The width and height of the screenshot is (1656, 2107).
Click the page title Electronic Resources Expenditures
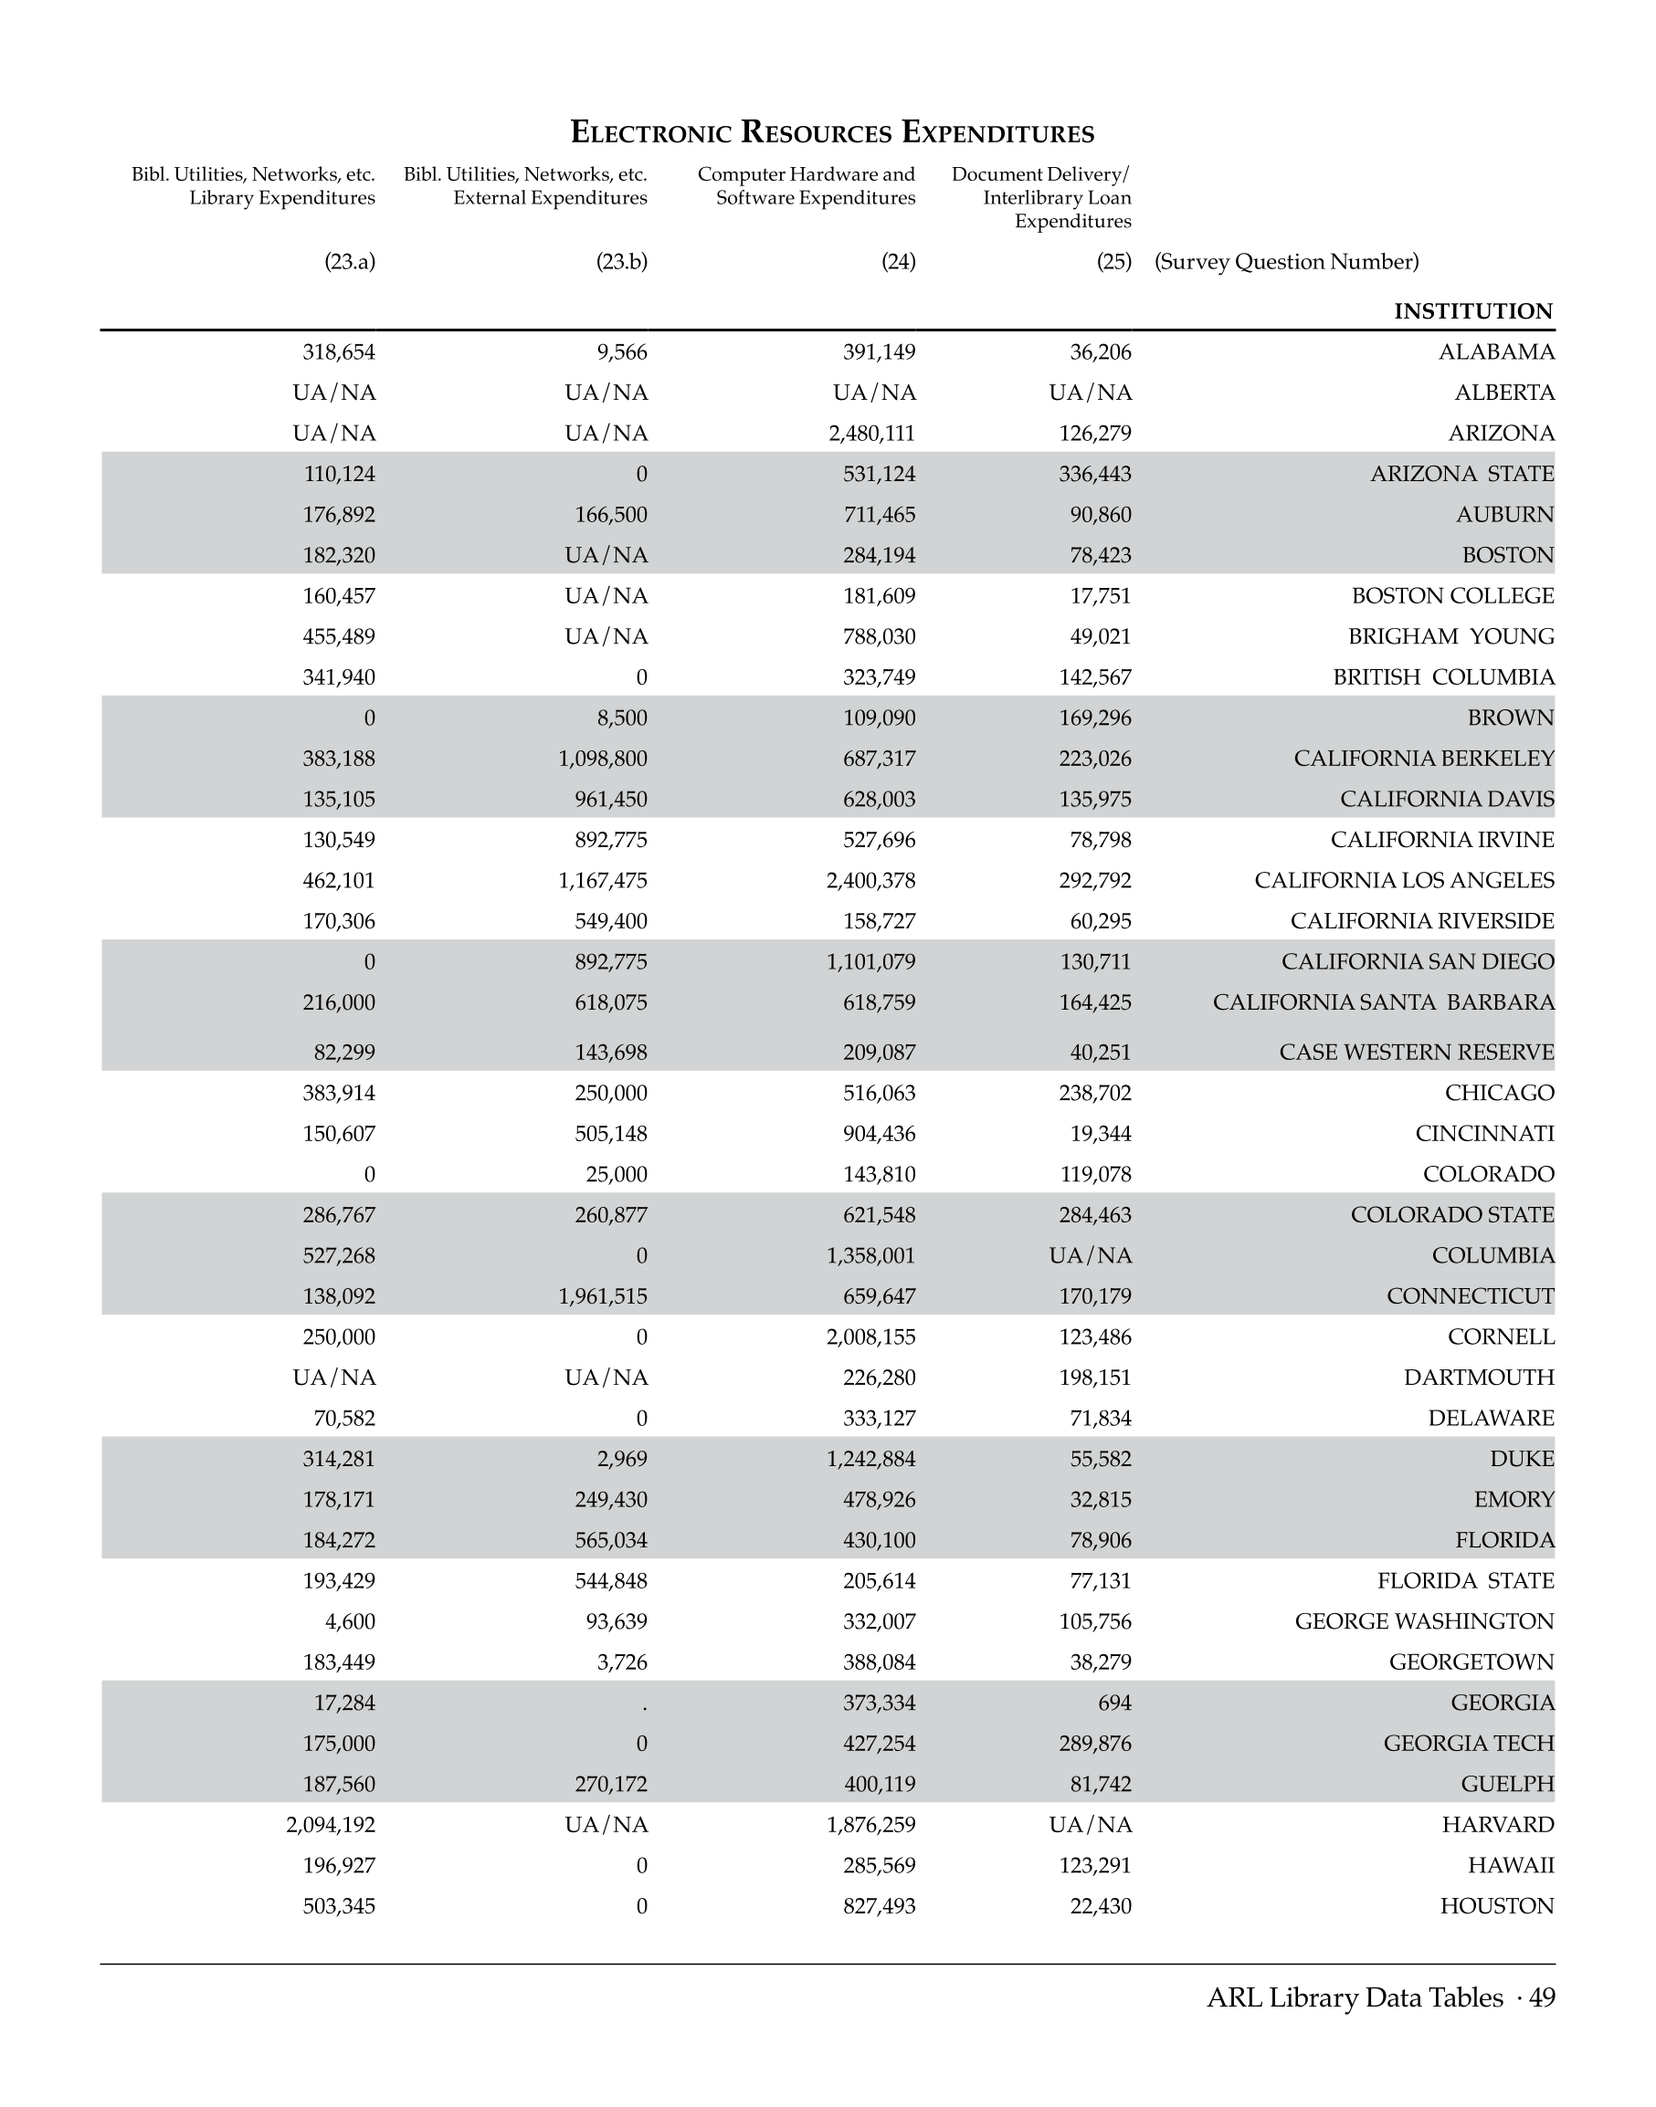[832, 131]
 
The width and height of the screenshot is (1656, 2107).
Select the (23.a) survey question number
[349, 262]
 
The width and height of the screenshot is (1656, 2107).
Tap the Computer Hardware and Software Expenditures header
[806, 186]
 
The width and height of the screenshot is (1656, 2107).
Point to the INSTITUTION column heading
[1472, 311]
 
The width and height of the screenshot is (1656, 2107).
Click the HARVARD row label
[1497, 1825]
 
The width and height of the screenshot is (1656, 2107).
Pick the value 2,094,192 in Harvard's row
[330, 1825]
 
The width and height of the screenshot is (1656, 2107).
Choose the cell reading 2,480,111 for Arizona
[870, 434]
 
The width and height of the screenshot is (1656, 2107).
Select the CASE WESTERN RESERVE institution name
[1416, 1053]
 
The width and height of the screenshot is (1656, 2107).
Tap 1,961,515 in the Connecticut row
[602, 1296]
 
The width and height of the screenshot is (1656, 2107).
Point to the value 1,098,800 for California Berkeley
[602, 759]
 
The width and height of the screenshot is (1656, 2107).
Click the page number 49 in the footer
[1542, 1997]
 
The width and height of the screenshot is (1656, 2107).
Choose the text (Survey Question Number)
[1286, 262]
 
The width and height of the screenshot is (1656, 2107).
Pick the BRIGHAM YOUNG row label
[1450, 636]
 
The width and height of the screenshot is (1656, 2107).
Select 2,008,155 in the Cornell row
[870, 1337]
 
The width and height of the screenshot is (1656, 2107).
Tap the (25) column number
[1114, 262]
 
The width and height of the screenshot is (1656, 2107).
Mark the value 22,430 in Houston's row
[1101, 1906]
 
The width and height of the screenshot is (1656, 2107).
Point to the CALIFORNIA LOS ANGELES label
[1404, 881]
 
